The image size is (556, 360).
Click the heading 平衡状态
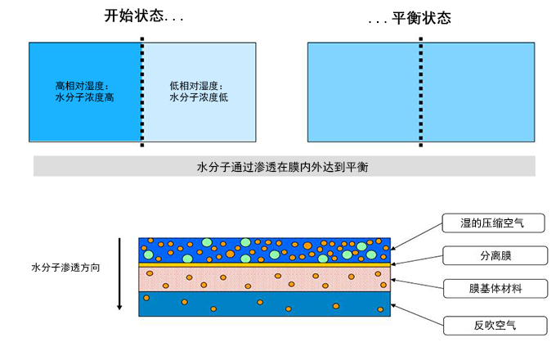click(x=409, y=17)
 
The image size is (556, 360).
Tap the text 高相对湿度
click(x=82, y=85)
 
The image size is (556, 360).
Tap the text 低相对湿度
click(x=196, y=85)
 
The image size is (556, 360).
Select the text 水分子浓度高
click(x=82, y=97)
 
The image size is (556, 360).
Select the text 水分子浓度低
click(x=196, y=97)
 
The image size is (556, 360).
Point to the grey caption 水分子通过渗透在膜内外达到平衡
click(x=284, y=166)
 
